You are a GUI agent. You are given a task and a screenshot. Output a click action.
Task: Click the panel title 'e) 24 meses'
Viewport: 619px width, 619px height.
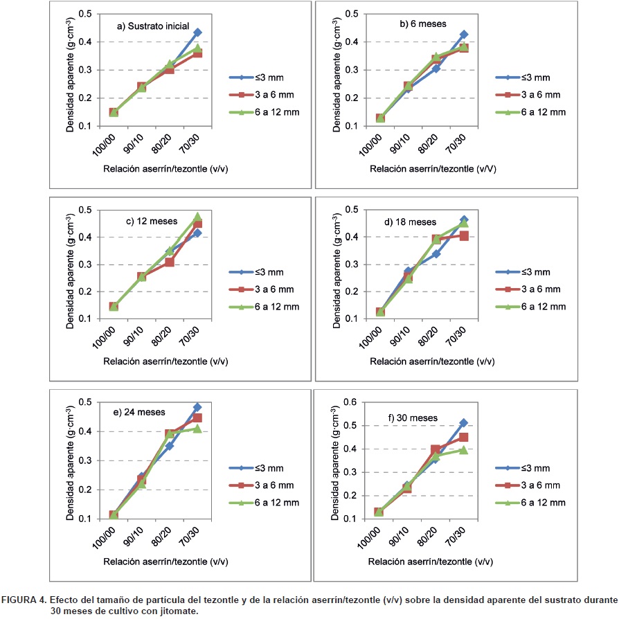coord(139,412)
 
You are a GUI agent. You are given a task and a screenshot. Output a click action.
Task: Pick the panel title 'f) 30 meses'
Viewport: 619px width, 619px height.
coord(414,418)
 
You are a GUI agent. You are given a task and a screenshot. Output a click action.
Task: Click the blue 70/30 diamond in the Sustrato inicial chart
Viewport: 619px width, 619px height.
coord(198,33)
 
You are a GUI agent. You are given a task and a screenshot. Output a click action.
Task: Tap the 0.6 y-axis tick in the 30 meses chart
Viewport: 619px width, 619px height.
coord(352,402)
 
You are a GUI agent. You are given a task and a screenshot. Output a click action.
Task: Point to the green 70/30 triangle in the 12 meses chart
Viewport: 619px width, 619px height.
coord(197,217)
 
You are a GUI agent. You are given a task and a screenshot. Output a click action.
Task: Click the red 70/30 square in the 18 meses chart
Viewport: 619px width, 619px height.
coord(464,236)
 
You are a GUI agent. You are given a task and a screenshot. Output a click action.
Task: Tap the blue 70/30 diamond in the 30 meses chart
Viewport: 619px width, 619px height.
coord(464,422)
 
